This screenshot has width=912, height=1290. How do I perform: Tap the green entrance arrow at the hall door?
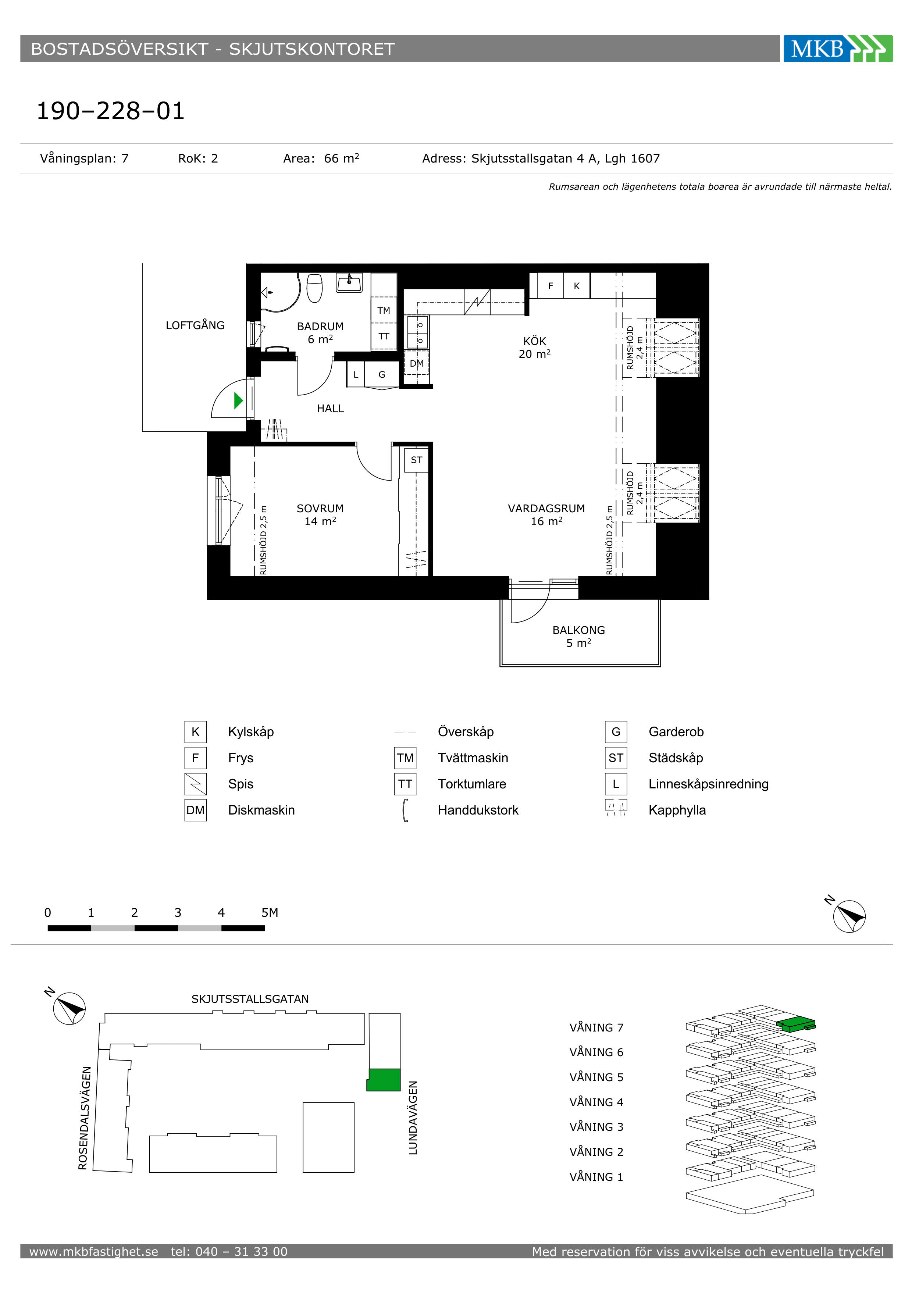tap(238, 400)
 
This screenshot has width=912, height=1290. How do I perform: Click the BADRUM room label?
tap(320, 327)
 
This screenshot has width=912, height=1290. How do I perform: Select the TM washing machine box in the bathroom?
tap(384, 310)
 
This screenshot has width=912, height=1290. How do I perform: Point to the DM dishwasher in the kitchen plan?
tap(416, 364)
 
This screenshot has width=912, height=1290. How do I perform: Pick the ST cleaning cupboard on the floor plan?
tap(416, 460)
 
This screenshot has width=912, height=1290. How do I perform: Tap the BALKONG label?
tap(579, 630)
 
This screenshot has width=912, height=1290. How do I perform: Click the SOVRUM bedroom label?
tap(320, 509)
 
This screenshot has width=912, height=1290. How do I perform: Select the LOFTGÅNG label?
tap(195, 325)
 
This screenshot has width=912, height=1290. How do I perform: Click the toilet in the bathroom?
tap(315, 288)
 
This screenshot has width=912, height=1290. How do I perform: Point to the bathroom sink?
tap(349, 283)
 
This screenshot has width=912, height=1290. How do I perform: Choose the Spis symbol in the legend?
tap(196, 784)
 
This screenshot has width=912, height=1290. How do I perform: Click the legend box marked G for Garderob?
tap(616, 731)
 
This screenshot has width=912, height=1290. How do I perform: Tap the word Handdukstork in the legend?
tap(478, 810)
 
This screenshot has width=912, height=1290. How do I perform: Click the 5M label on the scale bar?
tap(270, 912)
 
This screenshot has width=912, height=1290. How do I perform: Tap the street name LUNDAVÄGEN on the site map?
tap(413, 1118)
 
